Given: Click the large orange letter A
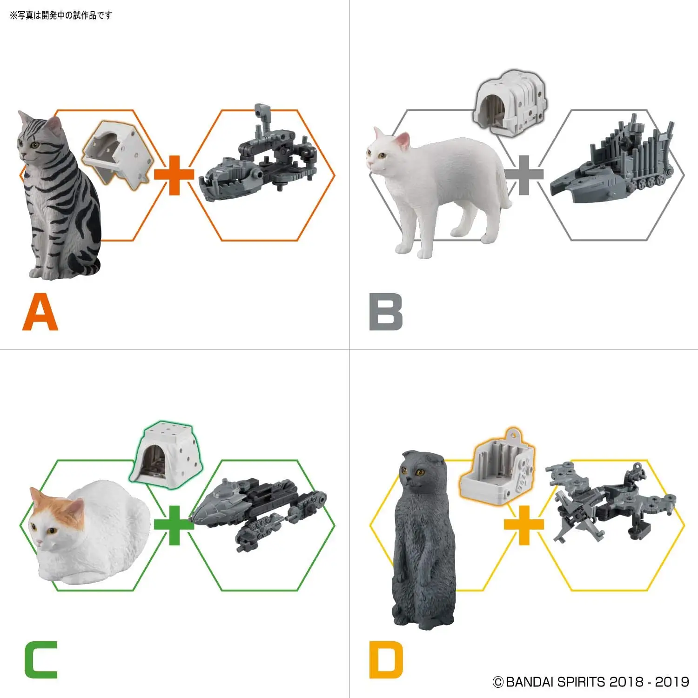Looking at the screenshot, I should pos(40,314).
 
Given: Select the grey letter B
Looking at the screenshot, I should pos(386,312).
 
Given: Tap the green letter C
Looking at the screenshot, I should pos(41,660).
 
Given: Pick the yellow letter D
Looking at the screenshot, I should pos(386,660).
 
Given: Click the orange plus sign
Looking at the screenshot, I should pos(174,175).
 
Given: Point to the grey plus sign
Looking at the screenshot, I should pos(524,175).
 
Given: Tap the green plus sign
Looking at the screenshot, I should pos(174,525).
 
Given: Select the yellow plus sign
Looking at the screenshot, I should pos(524,525).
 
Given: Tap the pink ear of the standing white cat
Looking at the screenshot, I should pos(403,140).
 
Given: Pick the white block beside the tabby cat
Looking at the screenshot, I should pos(119,154).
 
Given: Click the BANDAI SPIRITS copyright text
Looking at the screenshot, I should pos(591,682).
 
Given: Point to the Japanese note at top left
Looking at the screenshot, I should pos(60,15).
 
